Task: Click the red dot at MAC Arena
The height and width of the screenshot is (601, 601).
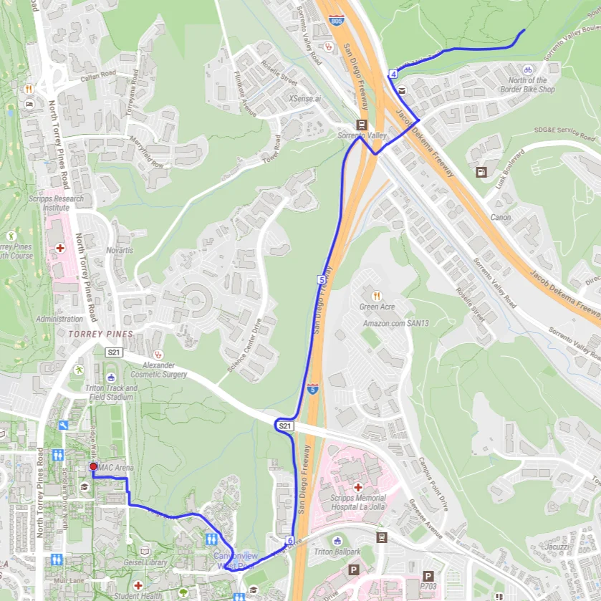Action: pos(92,467)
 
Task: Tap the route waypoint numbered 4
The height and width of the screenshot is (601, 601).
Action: pos(394,74)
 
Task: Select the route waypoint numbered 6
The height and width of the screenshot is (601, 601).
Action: pos(290,540)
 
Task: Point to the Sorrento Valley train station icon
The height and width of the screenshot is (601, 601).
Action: pos(362,124)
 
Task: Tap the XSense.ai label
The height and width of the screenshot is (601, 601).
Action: pos(305,99)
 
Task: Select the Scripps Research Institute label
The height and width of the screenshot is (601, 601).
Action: pos(56,203)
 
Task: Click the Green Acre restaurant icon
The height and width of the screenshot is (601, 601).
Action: pos(377,296)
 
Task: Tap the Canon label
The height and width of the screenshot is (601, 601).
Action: pos(501,217)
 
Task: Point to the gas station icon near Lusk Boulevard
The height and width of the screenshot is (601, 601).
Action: pos(481,172)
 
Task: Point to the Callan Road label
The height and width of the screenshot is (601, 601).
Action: pos(98,74)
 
